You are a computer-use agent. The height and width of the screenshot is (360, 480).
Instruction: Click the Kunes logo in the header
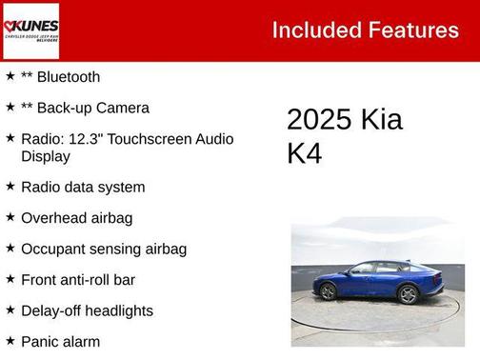tap(31, 30)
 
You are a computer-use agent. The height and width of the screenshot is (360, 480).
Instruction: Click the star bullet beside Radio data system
tap(10, 186)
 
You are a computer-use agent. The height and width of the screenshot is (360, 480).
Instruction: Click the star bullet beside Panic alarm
tap(10, 340)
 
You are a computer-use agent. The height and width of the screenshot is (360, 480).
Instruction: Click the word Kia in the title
tap(382, 120)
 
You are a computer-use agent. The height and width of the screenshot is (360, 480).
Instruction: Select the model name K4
tap(305, 154)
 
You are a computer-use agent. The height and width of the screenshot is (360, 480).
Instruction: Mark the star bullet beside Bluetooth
tap(10, 76)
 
